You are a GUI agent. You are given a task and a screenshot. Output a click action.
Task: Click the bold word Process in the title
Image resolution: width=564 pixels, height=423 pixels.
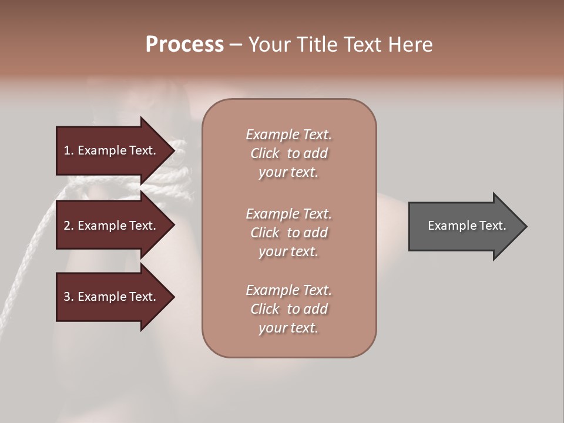point(184,45)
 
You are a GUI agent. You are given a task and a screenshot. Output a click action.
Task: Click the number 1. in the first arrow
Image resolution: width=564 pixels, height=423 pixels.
point(69,150)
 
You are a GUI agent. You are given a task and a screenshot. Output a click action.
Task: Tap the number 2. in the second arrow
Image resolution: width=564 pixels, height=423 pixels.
point(69,226)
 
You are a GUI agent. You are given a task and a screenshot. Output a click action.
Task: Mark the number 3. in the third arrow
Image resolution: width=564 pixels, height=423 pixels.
point(69,297)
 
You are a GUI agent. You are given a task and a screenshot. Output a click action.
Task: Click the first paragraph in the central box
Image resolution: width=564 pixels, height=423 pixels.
point(288,153)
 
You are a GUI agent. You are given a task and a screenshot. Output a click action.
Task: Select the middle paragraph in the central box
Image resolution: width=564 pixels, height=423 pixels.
point(288,233)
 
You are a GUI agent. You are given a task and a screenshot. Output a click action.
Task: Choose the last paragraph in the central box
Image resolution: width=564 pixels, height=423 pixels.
point(288,309)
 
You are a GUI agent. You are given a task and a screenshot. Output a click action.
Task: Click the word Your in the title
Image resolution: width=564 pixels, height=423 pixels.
point(268,45)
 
